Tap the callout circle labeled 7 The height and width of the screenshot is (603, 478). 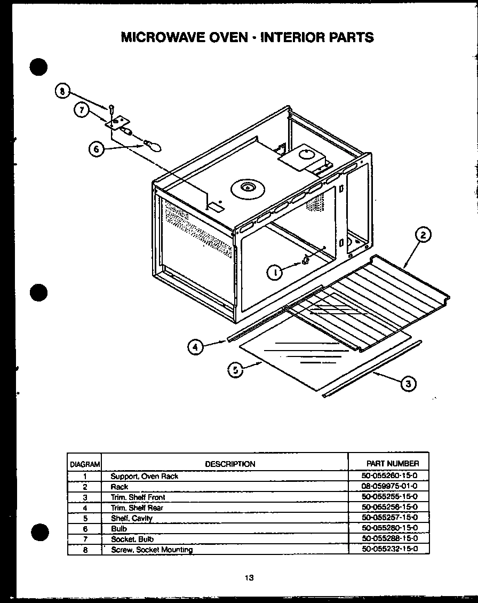point(81,110)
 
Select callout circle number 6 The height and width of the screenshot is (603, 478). point(96,149)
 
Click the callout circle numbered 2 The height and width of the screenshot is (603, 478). point(422,235)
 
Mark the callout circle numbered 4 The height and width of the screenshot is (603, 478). point(196,347)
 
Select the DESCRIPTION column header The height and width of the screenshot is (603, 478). point(230,464)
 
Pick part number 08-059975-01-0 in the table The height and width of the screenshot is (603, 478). point(389,487)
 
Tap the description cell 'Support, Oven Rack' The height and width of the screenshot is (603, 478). point(144,476)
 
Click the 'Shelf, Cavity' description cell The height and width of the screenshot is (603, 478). point(131,518)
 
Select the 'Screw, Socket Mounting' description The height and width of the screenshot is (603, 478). point(152,549)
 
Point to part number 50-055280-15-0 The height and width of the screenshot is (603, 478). point(389,528)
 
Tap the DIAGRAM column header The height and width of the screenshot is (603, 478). point(84,464)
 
